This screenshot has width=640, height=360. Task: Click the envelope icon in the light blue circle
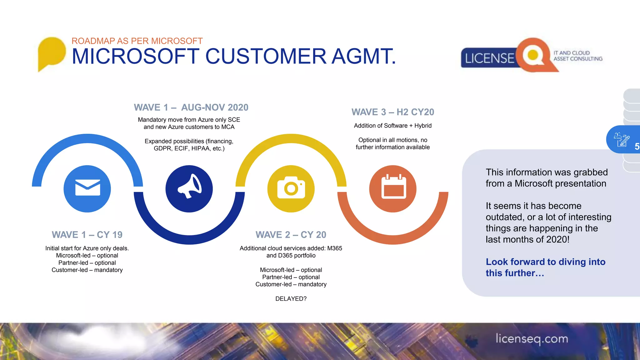click(x=87, y=188)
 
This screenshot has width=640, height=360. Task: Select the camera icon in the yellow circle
click(x=291, y=188)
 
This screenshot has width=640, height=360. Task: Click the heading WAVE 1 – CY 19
click(x=87, y=235)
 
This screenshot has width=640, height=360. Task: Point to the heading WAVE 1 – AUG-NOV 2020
click(x=191, y=107)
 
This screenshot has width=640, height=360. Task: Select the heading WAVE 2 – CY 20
click(x=291, y=235)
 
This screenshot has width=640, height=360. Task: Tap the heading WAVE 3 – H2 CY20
click(x=393, y=112)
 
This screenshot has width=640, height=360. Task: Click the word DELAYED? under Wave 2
click(x=291, y=299)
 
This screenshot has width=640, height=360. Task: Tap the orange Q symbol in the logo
click(x=534, y=55)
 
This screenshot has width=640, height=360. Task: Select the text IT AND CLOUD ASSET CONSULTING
click(x=578, y=56)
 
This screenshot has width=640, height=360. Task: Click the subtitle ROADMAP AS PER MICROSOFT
click(x=137, y=41)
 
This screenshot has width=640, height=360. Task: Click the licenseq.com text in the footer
click(x=532, y=339)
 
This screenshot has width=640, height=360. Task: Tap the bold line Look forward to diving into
click(x=545, y=262)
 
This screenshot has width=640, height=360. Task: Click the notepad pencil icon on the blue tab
click(x=622, y=139)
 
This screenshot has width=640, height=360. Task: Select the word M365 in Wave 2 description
click(x=334, y=248)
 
